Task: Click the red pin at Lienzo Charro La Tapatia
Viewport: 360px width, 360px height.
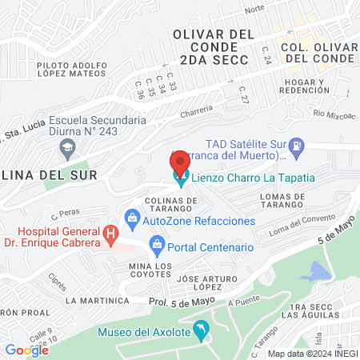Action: pyautogui.click(x=180, y=162)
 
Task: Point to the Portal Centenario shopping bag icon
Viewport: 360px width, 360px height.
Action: pyautogui.click(x=158, y=243)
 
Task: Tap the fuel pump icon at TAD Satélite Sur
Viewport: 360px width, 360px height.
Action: pyautogui.click(x=298, y=146)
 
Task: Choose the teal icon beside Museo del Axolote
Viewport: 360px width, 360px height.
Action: pyautogui.click(x=201, y=328)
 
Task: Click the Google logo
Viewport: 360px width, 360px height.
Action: pyautogui.click(x=27, y=350)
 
